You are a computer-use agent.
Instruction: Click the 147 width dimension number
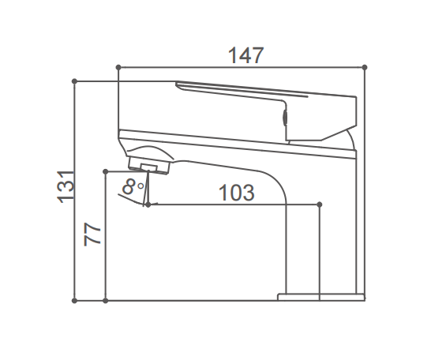pos(246,55)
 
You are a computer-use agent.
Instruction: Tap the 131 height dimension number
pos(66,187)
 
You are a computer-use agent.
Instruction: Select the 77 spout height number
pos(92,234)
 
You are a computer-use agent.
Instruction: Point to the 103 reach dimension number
pos(236,193)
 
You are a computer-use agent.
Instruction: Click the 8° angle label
pos(133,187)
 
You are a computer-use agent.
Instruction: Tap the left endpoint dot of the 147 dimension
pos(118,67)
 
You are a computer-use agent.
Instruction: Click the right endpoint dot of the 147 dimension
pos(365,67)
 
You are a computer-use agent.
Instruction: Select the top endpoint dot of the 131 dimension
pos(74,81)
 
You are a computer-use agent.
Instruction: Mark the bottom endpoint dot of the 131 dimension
pos(74,301)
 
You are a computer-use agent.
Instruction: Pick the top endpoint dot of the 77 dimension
pos(106,171)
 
